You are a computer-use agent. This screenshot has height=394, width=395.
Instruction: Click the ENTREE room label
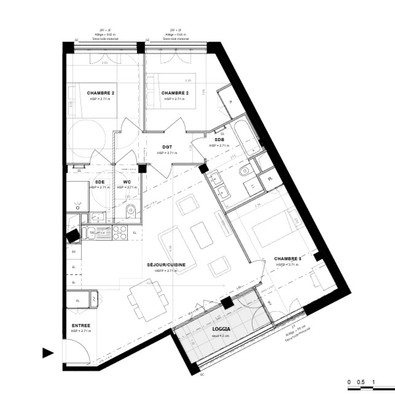click(x=81, y=325)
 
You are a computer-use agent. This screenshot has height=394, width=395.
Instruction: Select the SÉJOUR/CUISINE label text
click(x=166, y=265)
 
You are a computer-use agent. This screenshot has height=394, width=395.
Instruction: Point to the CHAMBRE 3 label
click(x=288, y=259)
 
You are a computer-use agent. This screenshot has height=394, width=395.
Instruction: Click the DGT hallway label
click(x=167, y=147)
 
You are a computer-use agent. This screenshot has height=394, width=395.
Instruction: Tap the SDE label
click(x=100, y=182)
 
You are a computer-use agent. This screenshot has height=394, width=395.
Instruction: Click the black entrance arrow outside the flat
click(x=48, y=352)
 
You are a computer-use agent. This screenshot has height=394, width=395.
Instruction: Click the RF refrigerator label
click(x=73, y=251)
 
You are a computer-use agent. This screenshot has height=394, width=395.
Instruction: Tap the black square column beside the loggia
click(x=227, y=302)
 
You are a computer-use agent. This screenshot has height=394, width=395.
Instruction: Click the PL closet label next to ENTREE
click(x=77, y=301)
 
